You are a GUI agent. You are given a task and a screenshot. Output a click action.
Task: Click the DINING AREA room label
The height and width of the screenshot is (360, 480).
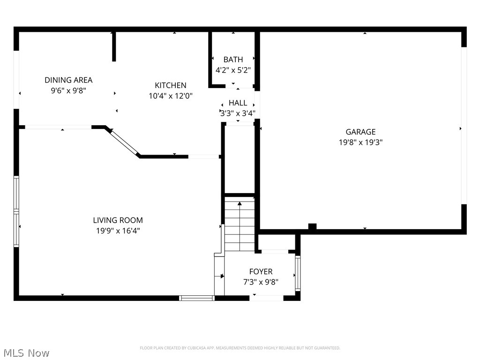[x=68, y=80]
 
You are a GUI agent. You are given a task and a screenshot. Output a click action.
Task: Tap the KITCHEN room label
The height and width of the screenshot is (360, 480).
[x=171, y=85]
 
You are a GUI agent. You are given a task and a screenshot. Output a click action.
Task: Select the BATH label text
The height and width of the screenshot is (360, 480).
[x=233, y=60]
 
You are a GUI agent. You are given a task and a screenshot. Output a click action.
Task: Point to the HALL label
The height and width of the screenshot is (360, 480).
[x=238, y=103]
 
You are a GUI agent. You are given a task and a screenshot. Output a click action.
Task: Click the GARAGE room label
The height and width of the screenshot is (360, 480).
[x=360, y=132]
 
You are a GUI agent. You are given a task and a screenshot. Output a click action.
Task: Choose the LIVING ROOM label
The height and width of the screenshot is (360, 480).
[x=118, y=220]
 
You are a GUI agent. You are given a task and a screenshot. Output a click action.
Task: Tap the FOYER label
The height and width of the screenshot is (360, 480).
[x=261, y=272]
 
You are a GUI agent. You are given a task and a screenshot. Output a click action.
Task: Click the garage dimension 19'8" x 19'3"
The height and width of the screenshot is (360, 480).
[x=360, y=142]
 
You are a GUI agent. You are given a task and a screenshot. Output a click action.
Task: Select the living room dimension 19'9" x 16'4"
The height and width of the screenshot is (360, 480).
[x=118, y=231]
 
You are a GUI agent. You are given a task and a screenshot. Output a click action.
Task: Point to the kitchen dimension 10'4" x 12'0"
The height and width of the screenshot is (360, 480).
[x=171, y=96]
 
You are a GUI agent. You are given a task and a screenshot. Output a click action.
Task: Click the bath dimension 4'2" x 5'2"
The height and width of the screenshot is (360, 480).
[x=233, y=70]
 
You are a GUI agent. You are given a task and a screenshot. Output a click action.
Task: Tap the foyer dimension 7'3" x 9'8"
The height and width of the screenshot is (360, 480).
[x=261, y=282]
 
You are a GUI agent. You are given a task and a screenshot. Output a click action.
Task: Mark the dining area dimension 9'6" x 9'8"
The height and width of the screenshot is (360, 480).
[x=68, y=90]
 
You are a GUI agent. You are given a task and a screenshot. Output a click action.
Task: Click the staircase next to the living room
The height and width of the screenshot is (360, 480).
[x=240, y=225]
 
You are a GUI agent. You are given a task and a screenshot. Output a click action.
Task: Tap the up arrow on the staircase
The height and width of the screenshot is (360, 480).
[x=240, y=204]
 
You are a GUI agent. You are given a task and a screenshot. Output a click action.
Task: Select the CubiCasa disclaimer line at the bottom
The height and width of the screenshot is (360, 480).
[x=240, y=348]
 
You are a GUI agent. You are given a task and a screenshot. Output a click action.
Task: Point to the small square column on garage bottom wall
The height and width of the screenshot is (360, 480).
[x=312, y=227]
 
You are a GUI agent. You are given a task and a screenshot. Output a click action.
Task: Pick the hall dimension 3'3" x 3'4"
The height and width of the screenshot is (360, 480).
[x=238, y=113]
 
